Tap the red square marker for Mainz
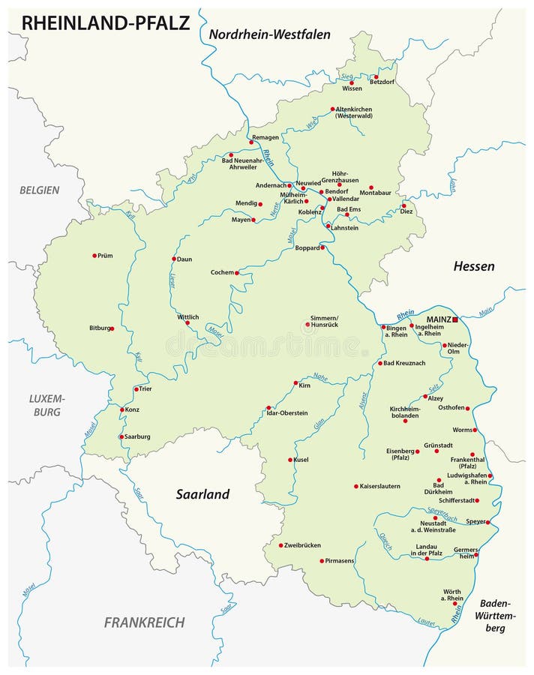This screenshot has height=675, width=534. [455, 319]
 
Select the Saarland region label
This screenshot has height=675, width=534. [202, 494]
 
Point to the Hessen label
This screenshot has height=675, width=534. [474, 266]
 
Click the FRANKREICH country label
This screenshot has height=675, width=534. [144, 622]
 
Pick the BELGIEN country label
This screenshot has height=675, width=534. [39, 190]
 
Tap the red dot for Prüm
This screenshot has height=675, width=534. [94, 256]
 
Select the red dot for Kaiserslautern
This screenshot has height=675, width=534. [356, 486]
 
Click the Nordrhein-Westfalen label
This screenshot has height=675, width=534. [269, 34]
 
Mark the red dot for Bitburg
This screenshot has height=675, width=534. [112, 328]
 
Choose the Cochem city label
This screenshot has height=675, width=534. [222, 272]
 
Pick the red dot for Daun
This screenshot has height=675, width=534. [174, 259]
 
